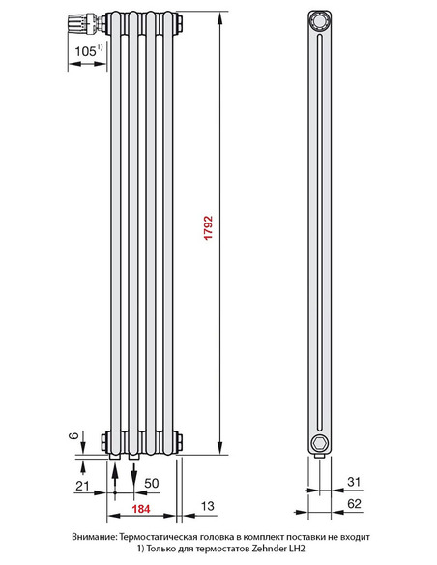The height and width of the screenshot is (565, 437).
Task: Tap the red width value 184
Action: coord(142,507)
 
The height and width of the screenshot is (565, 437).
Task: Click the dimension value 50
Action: coord(151,483)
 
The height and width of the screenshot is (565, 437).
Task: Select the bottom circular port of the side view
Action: coord(317,443)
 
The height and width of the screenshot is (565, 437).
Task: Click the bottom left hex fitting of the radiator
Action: coord(104,444)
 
